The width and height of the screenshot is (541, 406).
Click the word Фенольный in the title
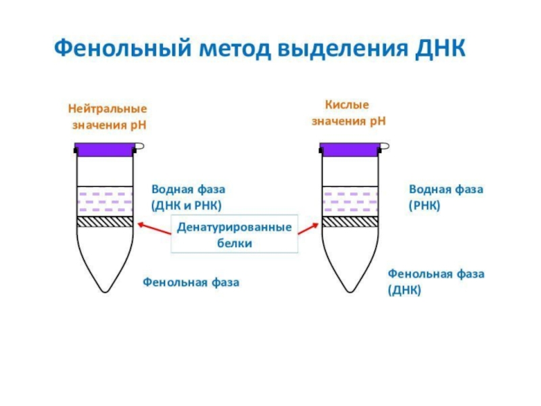pos(123,48)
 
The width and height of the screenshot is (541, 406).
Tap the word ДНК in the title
pos(440,48)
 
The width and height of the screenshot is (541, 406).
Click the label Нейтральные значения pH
pos(108,116)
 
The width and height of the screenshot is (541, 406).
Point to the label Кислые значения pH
pos(348,113)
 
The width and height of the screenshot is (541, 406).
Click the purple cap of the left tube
pos(105,150)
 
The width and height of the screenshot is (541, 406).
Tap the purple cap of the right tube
pos(350,150)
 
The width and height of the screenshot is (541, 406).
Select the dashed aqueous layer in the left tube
pos(105,202)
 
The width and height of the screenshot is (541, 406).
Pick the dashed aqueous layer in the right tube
pos(350,202)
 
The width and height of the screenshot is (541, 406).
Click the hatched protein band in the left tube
pos(105,222)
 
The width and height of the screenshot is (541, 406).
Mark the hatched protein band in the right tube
pos(350,222)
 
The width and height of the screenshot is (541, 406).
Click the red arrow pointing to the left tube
pos(155,229)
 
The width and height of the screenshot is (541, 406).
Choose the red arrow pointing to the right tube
pos(308,229)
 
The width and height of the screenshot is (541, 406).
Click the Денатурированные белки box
pos(235,234)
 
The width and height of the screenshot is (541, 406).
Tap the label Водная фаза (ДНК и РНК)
pos(189,198)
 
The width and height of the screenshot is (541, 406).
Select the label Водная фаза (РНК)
pos(446,198)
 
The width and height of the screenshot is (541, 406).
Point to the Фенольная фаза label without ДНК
pos(191,282)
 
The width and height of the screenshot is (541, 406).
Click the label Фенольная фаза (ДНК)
pos(436,281)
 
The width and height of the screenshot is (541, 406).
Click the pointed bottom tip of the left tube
pos(105,292)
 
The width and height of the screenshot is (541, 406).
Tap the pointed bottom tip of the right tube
pos(350,292)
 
